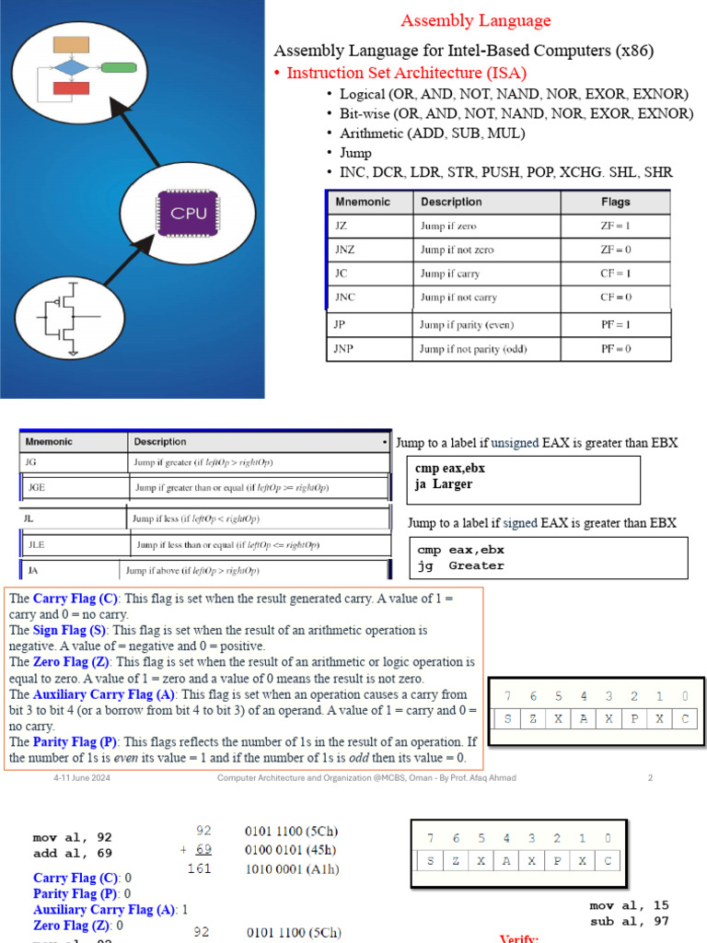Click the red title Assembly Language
(x=475, y=20)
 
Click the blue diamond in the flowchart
(x=71, y=67)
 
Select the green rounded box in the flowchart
(x=119, y=67)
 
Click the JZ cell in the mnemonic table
(x=341, y=226)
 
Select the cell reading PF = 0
(x=615, y=349)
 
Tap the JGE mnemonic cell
(x=37, y=487)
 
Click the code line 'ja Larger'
(x=444, y=483)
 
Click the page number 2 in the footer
(x=650, y=778)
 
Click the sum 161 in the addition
(x=200, y=867)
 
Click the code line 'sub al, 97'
(x=629, y=921)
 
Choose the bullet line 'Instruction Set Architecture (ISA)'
(x=406, y=73)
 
